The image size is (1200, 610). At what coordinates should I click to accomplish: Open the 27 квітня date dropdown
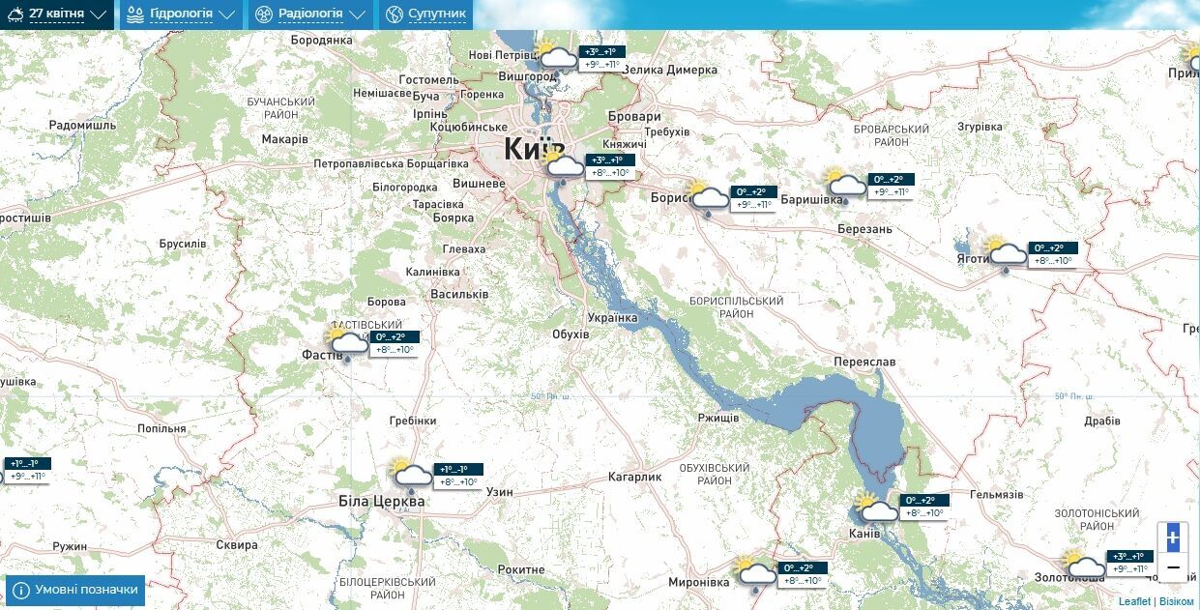coord(58,15)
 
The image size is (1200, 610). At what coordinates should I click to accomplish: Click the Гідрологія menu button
coord(181,15)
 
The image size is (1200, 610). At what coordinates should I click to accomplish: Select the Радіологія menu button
coord(310,15)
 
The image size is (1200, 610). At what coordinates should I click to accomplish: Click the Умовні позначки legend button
coord(75,590)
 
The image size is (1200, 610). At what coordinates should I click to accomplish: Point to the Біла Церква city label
coord(381,502)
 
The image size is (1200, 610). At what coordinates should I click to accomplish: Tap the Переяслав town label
coord(864,362)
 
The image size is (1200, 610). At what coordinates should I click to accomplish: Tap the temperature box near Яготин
coord(1052,254)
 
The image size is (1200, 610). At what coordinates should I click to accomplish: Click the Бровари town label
coord(635,116)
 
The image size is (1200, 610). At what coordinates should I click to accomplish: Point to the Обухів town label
coord(570,334)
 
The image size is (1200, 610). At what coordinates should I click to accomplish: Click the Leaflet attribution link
coord(1134,601)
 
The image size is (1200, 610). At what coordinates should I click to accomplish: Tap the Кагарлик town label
coord(634,478)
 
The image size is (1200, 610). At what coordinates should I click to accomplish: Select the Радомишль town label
coord(82,126)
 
